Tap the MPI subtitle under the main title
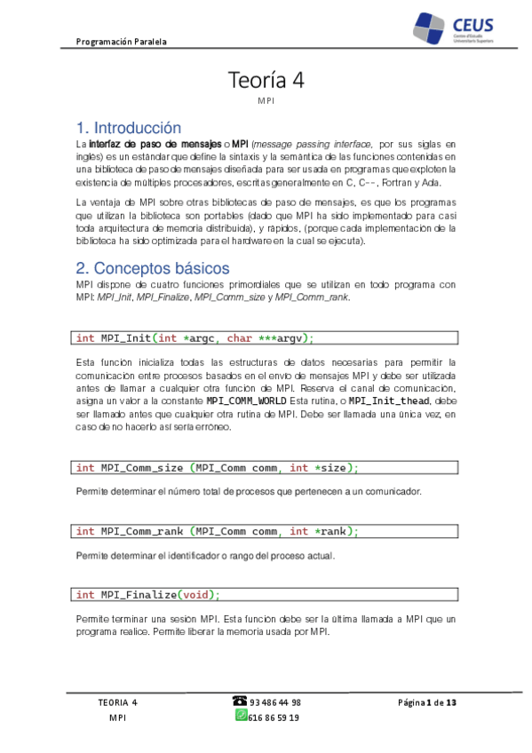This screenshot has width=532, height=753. click(266, 102)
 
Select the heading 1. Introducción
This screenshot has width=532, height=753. click(129, 128)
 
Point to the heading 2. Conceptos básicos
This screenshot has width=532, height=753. click(152, 268)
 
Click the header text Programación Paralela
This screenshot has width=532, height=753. click(122, 41)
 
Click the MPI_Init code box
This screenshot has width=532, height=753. click(265, 337)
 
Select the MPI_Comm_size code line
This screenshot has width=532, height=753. click(218, 468)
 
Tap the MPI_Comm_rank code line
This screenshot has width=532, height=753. click(218, 532)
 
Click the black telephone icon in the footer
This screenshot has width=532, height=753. click(240, 701)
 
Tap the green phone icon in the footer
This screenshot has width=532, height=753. click(241, 716)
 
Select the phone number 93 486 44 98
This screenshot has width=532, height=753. click(275, 701)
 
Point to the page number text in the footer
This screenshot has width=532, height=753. click(426, 702)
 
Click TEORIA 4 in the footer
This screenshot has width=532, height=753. click(117, 702)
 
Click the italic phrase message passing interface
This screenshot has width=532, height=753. click(313, 143)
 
